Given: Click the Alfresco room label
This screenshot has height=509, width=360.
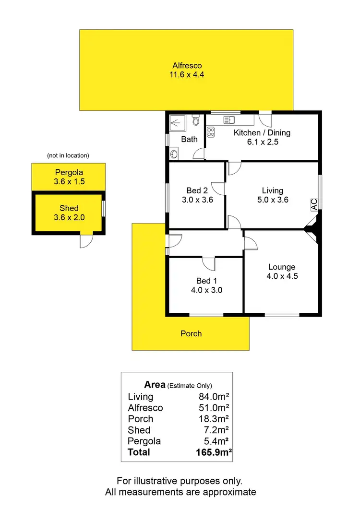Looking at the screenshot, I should (x=187, y=66).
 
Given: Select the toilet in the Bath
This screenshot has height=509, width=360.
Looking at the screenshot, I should (x=195, y=121).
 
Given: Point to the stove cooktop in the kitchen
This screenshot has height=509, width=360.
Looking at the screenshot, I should (x=211, y=132).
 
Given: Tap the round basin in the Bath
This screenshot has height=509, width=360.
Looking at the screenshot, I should (x=173, y=154).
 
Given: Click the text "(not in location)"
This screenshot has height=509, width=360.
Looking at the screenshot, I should (x=68, y=155).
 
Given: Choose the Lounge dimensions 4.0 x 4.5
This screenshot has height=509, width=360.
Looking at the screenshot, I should (x=282, y=276).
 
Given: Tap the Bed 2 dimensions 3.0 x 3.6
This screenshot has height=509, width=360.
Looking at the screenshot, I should (x=196, y=200).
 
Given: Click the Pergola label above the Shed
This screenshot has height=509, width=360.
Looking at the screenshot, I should (x=68, y=172).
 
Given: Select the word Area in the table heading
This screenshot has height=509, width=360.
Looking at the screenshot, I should (x=155, y=385).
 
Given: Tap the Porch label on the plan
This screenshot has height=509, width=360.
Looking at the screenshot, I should (x=191, y=333).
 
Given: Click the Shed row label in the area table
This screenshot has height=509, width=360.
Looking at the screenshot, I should (x=139, y=430).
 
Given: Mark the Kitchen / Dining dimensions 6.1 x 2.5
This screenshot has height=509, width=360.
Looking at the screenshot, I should (x=262, y=142).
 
